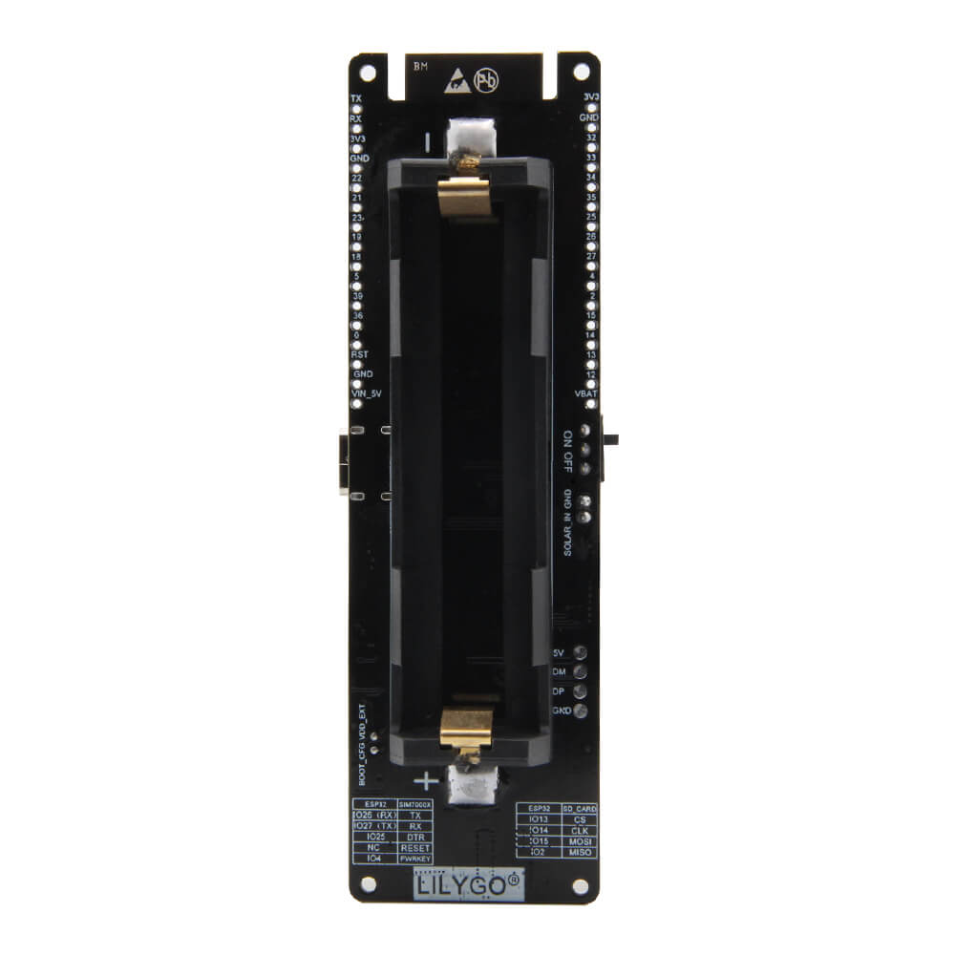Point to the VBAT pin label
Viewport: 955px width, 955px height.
586,393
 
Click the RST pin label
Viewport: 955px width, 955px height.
360,354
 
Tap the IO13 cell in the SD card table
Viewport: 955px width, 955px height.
539,819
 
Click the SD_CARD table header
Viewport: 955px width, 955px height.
580,809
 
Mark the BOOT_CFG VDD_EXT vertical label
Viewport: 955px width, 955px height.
362,744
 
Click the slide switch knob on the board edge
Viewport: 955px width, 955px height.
611,440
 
